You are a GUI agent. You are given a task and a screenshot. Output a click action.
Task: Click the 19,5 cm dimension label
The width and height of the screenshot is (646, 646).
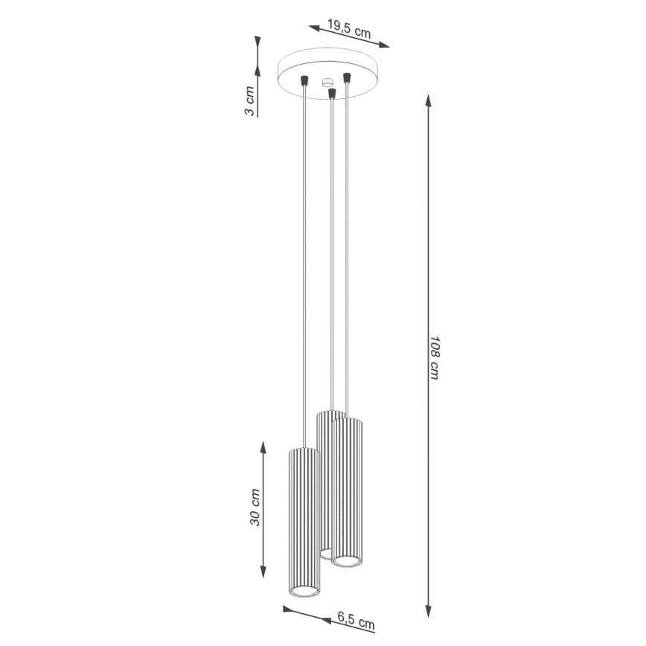(x=349, y=31)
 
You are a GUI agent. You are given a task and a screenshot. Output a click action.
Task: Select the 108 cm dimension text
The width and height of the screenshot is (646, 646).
(x=434, y=356)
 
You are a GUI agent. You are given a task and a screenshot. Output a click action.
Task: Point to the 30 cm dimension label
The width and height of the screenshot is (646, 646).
(x=255, y=508)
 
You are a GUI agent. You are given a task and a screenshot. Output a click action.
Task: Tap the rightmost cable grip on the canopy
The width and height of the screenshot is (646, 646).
(x=346, y=76)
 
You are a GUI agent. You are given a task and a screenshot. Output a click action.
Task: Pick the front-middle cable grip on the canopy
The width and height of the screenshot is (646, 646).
(x=332, y=93)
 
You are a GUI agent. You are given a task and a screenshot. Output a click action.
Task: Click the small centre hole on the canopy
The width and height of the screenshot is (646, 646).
(x=326, y=83)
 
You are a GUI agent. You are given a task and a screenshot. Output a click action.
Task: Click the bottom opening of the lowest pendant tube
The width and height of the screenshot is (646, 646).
(x=304, y=591)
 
